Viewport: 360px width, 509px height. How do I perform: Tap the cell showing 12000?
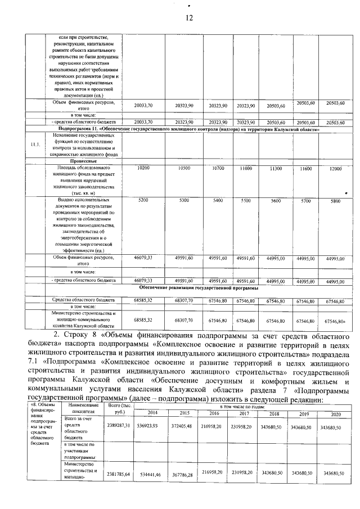[336, 169]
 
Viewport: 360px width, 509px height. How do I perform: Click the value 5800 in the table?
[336, 201]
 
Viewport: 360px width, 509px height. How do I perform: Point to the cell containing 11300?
[276, 169]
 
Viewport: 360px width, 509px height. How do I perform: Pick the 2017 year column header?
[244, 413]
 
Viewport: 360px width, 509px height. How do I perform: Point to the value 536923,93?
[149, 427]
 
